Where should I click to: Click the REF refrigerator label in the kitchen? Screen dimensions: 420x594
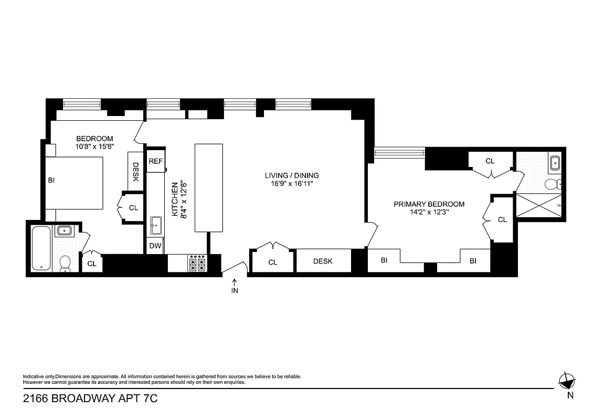(155, 161)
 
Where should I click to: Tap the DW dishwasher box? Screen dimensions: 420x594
(155, 246)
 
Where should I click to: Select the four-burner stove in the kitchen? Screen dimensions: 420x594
(198, 263)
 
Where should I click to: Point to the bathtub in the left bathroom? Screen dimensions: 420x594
(41, 247)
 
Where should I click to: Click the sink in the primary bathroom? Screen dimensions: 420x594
(554, 163)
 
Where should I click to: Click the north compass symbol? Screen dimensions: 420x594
(567, 381)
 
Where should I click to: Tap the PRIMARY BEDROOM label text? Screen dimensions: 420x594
(429, 204)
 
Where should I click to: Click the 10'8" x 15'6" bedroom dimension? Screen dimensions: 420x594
(94, 147)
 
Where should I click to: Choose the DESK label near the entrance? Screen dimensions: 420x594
(323, 261)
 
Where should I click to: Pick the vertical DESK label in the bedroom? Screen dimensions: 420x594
(135, 172)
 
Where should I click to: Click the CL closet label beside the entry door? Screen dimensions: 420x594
(272, 262)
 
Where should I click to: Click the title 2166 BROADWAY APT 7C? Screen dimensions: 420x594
(90, 399)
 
